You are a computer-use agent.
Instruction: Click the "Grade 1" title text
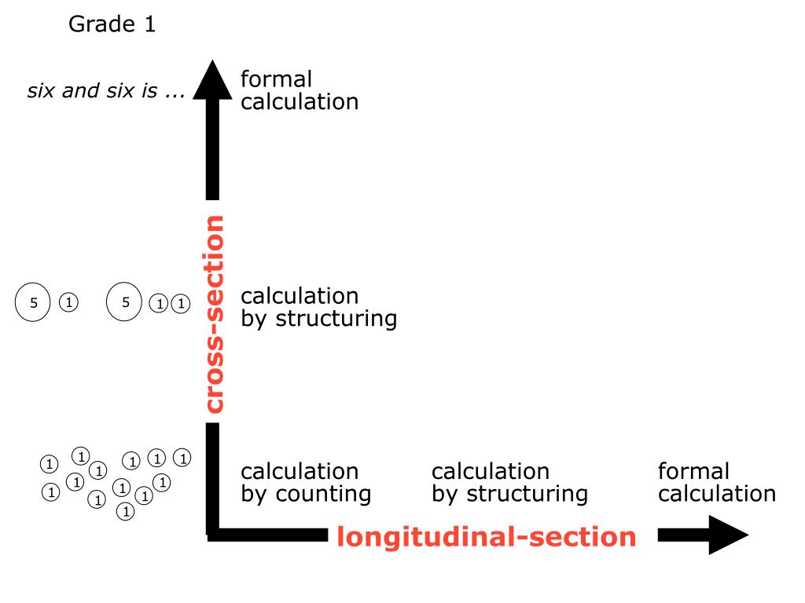coord(112,24)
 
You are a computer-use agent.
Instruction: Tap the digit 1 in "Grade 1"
coord(149,24)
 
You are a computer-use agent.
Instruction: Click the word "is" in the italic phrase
coord(149,93)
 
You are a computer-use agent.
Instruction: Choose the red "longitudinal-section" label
coord(486,537)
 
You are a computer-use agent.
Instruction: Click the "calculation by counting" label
coord(305,483)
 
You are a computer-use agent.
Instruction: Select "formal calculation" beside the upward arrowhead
coord(299,90)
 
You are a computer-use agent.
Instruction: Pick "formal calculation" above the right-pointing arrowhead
coord(716,483)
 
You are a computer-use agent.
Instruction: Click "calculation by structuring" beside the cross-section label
coord(318,308)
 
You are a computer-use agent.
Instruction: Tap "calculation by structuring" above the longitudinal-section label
coord(509,483)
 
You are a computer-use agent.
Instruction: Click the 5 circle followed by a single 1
coord(34,302)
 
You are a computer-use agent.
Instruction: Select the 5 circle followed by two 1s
coord(124,302)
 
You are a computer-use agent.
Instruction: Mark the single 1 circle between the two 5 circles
coord(68,302)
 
